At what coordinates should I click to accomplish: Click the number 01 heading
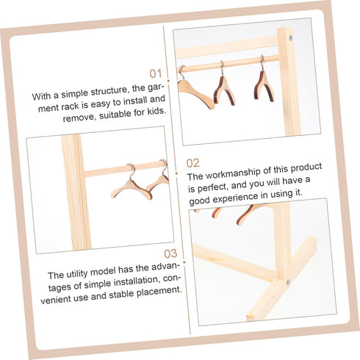coord(155,73)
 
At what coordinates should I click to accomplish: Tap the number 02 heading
coord(192,163)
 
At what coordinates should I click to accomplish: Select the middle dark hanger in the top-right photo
coord(224,89)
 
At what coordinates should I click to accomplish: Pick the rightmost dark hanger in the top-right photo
coord(263,84)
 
